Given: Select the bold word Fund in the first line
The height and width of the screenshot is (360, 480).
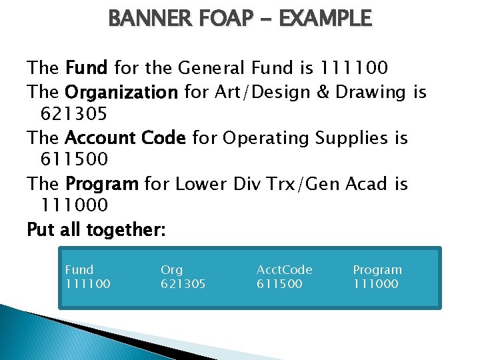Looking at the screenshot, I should pyautogui.click(x=87, y=68).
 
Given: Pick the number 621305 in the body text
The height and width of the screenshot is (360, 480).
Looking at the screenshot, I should pyautogui.click(x=74, y=115).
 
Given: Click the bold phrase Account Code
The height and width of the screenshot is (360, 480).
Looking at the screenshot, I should pyautogui.click(x=126, y=138).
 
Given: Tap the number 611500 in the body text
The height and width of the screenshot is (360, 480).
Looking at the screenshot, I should pyautogui.click(x=74, y=161).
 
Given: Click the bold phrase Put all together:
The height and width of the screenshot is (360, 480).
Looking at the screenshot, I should pyautogui.click(x=96, y=230).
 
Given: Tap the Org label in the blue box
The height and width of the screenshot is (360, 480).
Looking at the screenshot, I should pyautogui.click(x=171, y=270).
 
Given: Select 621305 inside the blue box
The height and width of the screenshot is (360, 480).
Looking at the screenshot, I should pyautogui.click(x=183, y=284).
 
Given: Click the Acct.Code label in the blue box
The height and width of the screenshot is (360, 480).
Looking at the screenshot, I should pyautogui.click(x=285, y=270).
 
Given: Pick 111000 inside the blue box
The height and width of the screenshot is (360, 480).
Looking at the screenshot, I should pyautogui.click(x=375, y=284).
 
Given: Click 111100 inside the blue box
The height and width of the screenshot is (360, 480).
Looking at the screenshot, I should pyautogui.click(x=87, y=284).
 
